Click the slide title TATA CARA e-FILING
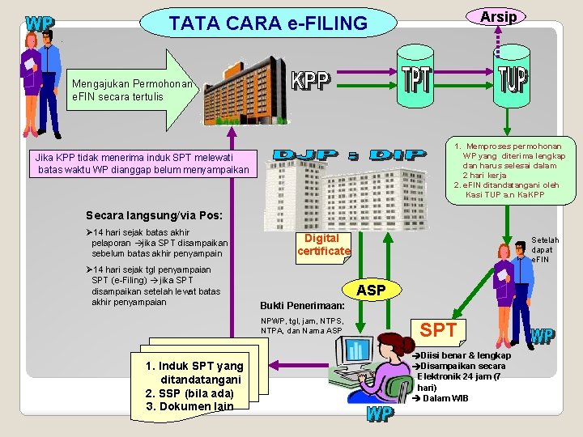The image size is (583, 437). coord(268,23)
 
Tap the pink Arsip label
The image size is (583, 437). coord(498,16)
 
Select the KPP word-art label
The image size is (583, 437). coord(311,80)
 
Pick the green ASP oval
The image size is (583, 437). coord(371,290)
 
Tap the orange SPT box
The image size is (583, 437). coord(438,330)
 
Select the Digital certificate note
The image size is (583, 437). coord(323,244)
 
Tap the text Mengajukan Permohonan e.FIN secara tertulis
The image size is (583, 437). coord(132,90)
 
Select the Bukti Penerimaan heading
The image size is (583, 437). coord(302,307)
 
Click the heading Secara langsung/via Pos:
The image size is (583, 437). coord(147,215)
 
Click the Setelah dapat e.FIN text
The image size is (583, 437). coord(544,249)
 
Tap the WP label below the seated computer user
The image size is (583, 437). coord(381,414)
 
